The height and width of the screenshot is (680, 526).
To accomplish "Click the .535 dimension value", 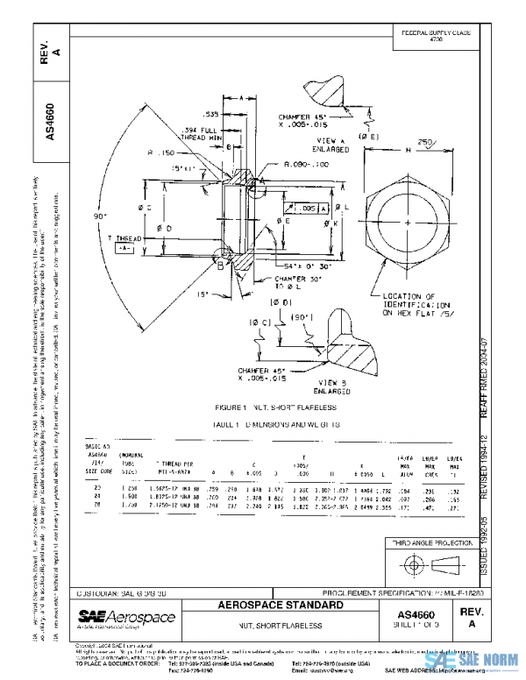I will point(211,114).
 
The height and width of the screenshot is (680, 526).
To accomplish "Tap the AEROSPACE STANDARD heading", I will point(279,605).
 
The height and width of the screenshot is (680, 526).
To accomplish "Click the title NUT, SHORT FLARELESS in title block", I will point(279,625).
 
